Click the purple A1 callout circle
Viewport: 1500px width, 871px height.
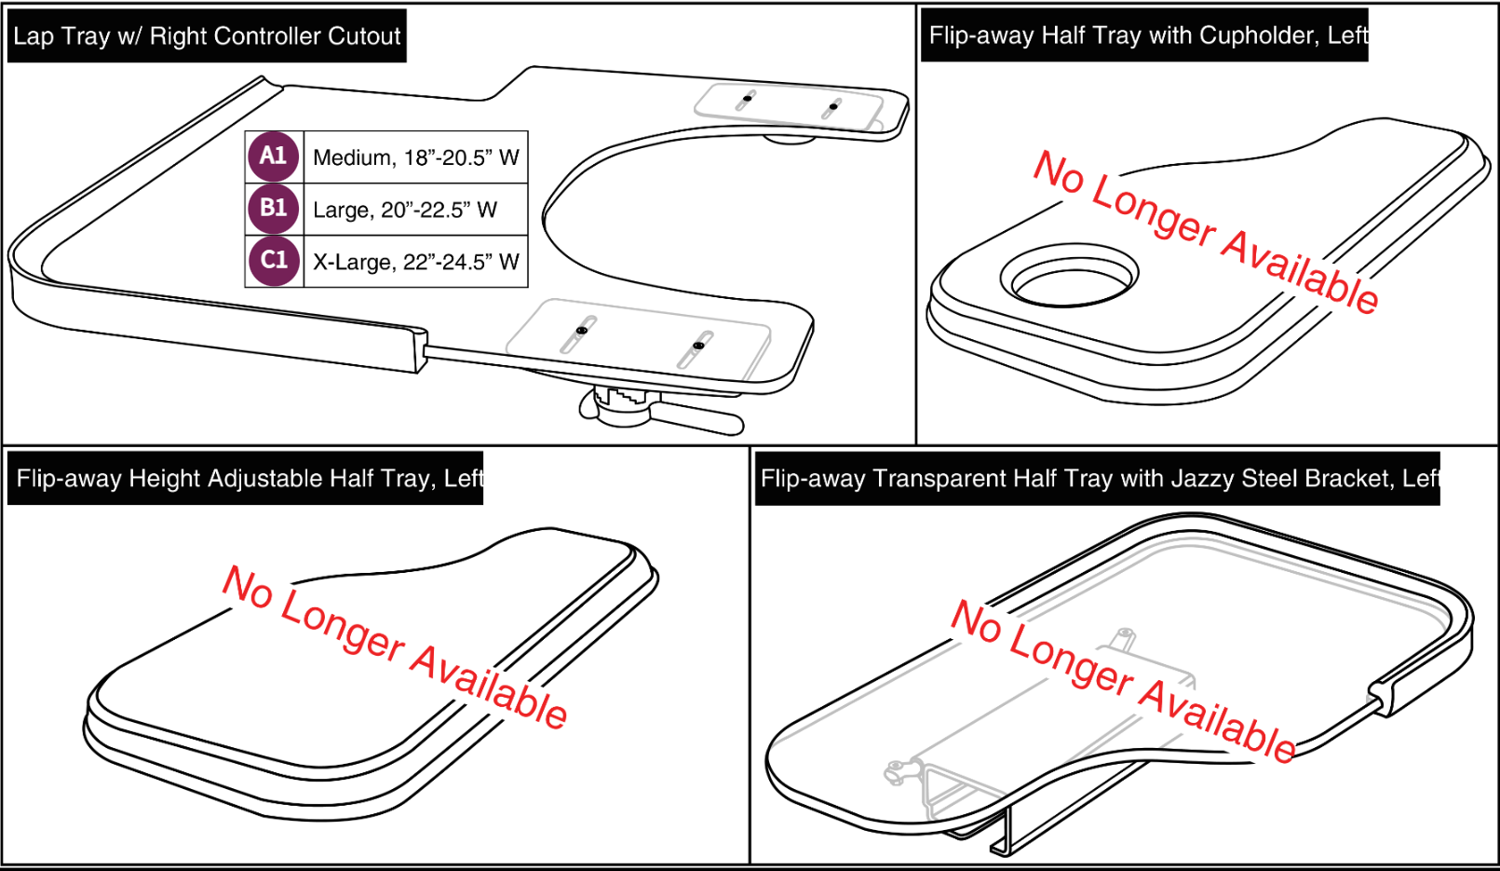tap(273, 157)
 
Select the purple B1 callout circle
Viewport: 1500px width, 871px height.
tap(273, 209)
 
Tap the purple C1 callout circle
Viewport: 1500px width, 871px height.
tap(273, 261)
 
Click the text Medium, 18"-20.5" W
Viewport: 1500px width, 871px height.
tap(415, 157)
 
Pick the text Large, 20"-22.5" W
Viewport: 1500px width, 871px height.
tap(404, 210)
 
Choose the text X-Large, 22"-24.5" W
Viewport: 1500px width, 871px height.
tap(415, 262)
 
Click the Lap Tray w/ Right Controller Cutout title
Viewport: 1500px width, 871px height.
tap(207, 36)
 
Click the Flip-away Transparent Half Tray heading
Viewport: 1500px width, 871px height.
tap(1097, 479)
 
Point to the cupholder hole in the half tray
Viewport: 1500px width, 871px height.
tap(1069, 278)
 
